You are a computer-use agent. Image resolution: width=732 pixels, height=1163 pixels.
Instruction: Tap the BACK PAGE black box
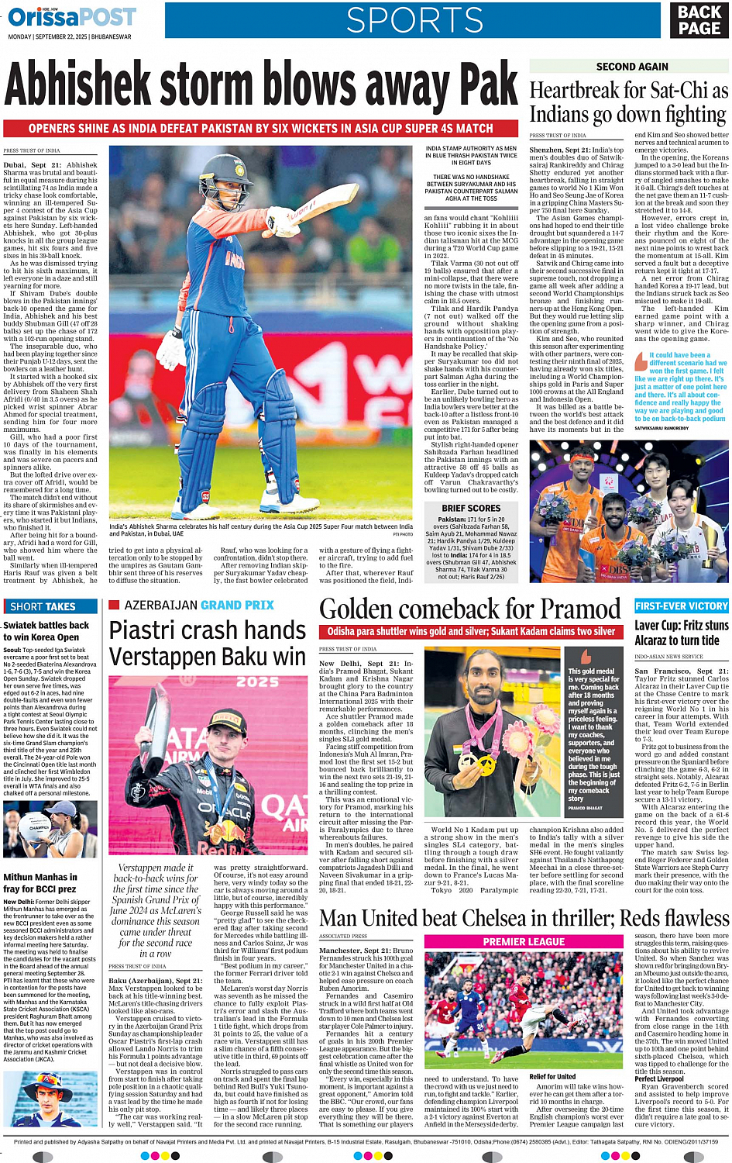[699, 20]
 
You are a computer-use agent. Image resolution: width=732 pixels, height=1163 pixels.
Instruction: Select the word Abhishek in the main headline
[77, 85]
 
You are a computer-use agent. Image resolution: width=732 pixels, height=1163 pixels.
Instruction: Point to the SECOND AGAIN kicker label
[632, 67]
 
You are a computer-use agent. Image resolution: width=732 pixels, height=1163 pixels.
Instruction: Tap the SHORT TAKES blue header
[43, 606]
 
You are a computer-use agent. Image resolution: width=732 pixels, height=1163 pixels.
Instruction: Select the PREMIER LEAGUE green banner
[524, 941]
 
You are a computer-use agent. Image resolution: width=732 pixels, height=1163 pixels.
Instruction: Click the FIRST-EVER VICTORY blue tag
[681, 606]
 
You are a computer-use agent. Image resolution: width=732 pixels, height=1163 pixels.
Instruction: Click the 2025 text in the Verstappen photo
[257, 682]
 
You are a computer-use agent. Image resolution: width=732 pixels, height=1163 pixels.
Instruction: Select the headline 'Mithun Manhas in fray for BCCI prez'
[40, 882]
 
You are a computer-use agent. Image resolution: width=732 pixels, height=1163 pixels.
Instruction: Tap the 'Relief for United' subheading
[552, 1076]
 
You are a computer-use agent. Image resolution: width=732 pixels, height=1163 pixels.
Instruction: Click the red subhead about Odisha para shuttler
[470, 632]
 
